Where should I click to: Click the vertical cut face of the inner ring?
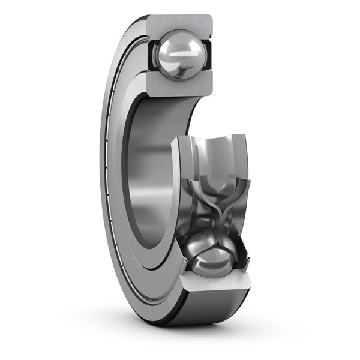click(x=181, y=198)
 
